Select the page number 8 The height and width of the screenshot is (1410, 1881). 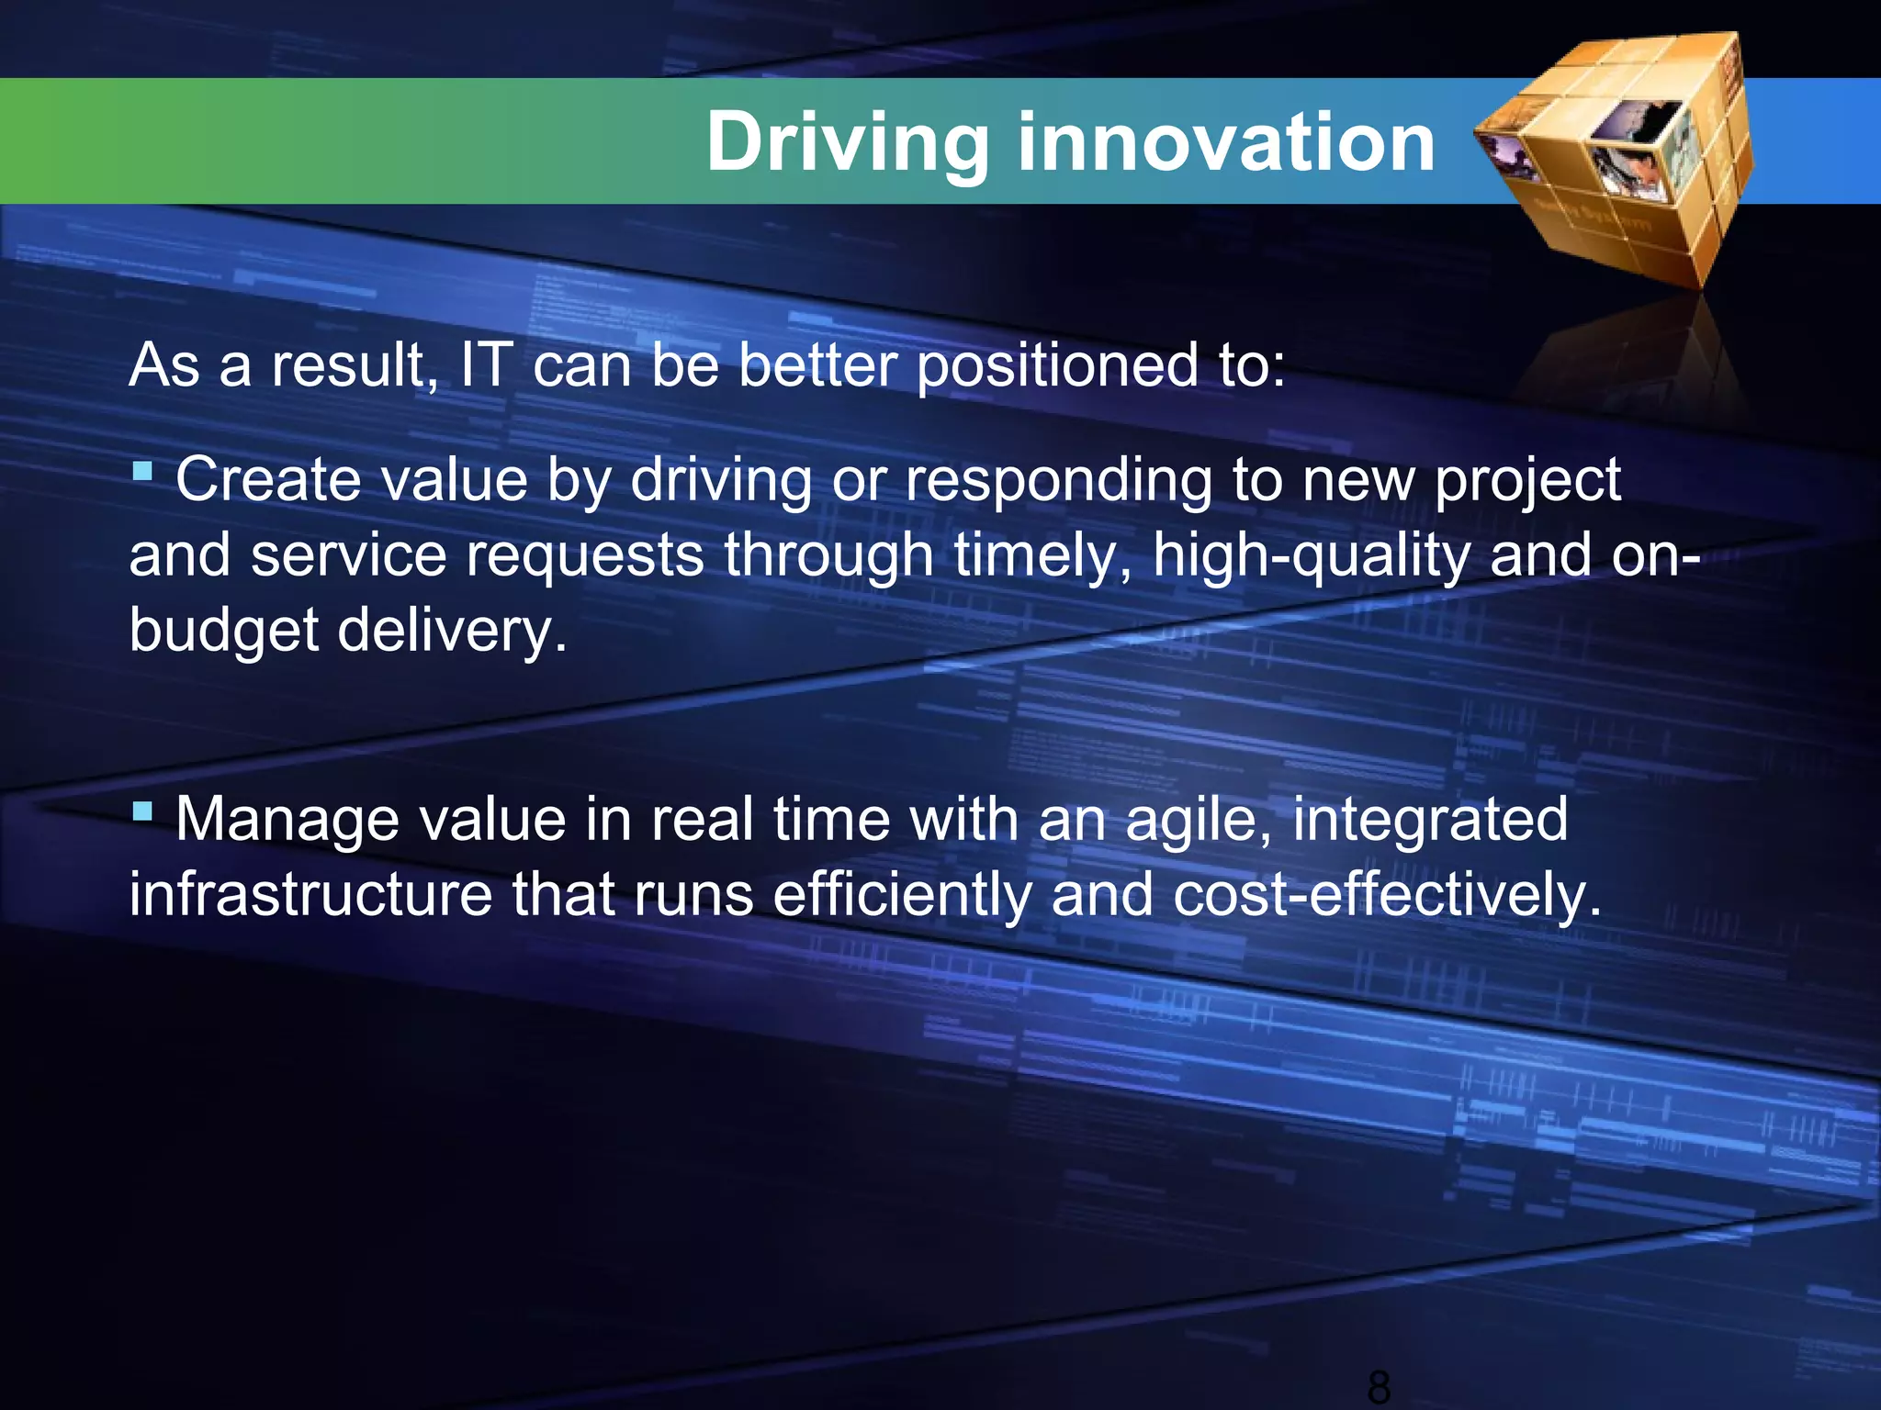coord(1378,1386)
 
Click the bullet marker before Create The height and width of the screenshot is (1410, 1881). coord(141,472)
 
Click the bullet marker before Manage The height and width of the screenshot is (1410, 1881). coord(141,811)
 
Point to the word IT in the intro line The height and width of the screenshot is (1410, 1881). coord(486,364)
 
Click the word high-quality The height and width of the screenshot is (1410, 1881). coord(1312,557)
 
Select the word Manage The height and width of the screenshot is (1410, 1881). coord(287,820)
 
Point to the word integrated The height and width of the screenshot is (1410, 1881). coord(1430,820)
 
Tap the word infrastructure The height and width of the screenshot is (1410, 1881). coord(310,894)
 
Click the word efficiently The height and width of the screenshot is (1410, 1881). coord(902,894)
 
